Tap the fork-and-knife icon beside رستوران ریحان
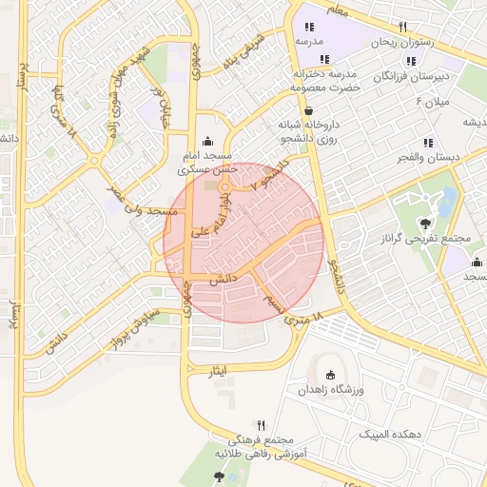pos(402,27)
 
